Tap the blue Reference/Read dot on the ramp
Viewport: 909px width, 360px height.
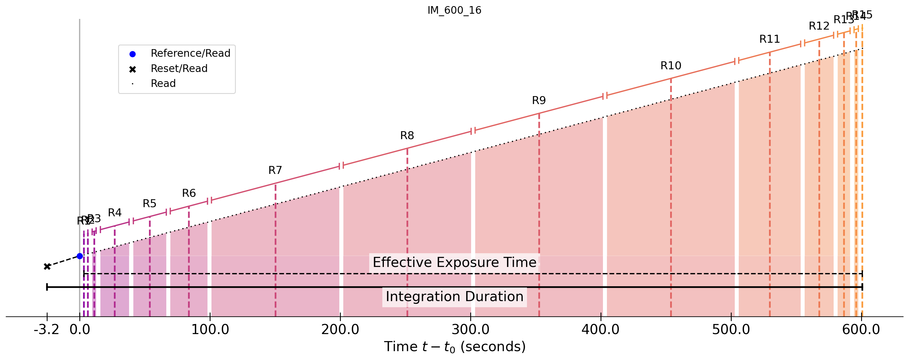pyautogui.click(x=80, y=256)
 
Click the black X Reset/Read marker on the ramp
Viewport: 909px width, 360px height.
pyautogui.click(x=47, y=266)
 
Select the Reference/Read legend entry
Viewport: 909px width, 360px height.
pyautogui.click(x=190, y=53)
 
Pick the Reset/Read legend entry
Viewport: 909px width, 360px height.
pyautogui.click(x=179, y=68)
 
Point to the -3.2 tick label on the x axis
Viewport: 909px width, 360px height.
pyautogui.click(x=46, y=330)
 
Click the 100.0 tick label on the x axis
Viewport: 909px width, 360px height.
pyautogui.click(x=210, y=330)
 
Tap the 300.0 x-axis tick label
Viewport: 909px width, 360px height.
pyautogui.click(x=471, y=330)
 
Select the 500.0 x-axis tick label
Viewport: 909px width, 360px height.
pyautogui.click(x=731, y=330)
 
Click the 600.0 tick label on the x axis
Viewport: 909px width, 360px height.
pyautogui.click(x=861, y=330)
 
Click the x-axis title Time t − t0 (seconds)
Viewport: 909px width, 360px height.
pyautogui.click(x=455, y=347)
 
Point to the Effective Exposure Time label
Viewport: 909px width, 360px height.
pyautogui.click(x=455, y=263)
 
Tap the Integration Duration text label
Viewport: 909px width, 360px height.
pyautogui.click(x=455, y=297)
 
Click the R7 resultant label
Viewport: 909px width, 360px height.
pyautogui.click(x=275, y=171)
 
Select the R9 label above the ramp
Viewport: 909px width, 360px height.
pyautogui.click(x=539, y=101)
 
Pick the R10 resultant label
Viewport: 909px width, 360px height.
pyautogui.click(x=671, y=66)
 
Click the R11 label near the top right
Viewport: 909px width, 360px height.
pyautogui.click(x=770, y=39)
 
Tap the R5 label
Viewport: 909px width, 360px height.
pyautogui.click(x=150, y=204)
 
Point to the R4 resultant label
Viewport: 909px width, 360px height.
pyautogui.click(x=115, y=213)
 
